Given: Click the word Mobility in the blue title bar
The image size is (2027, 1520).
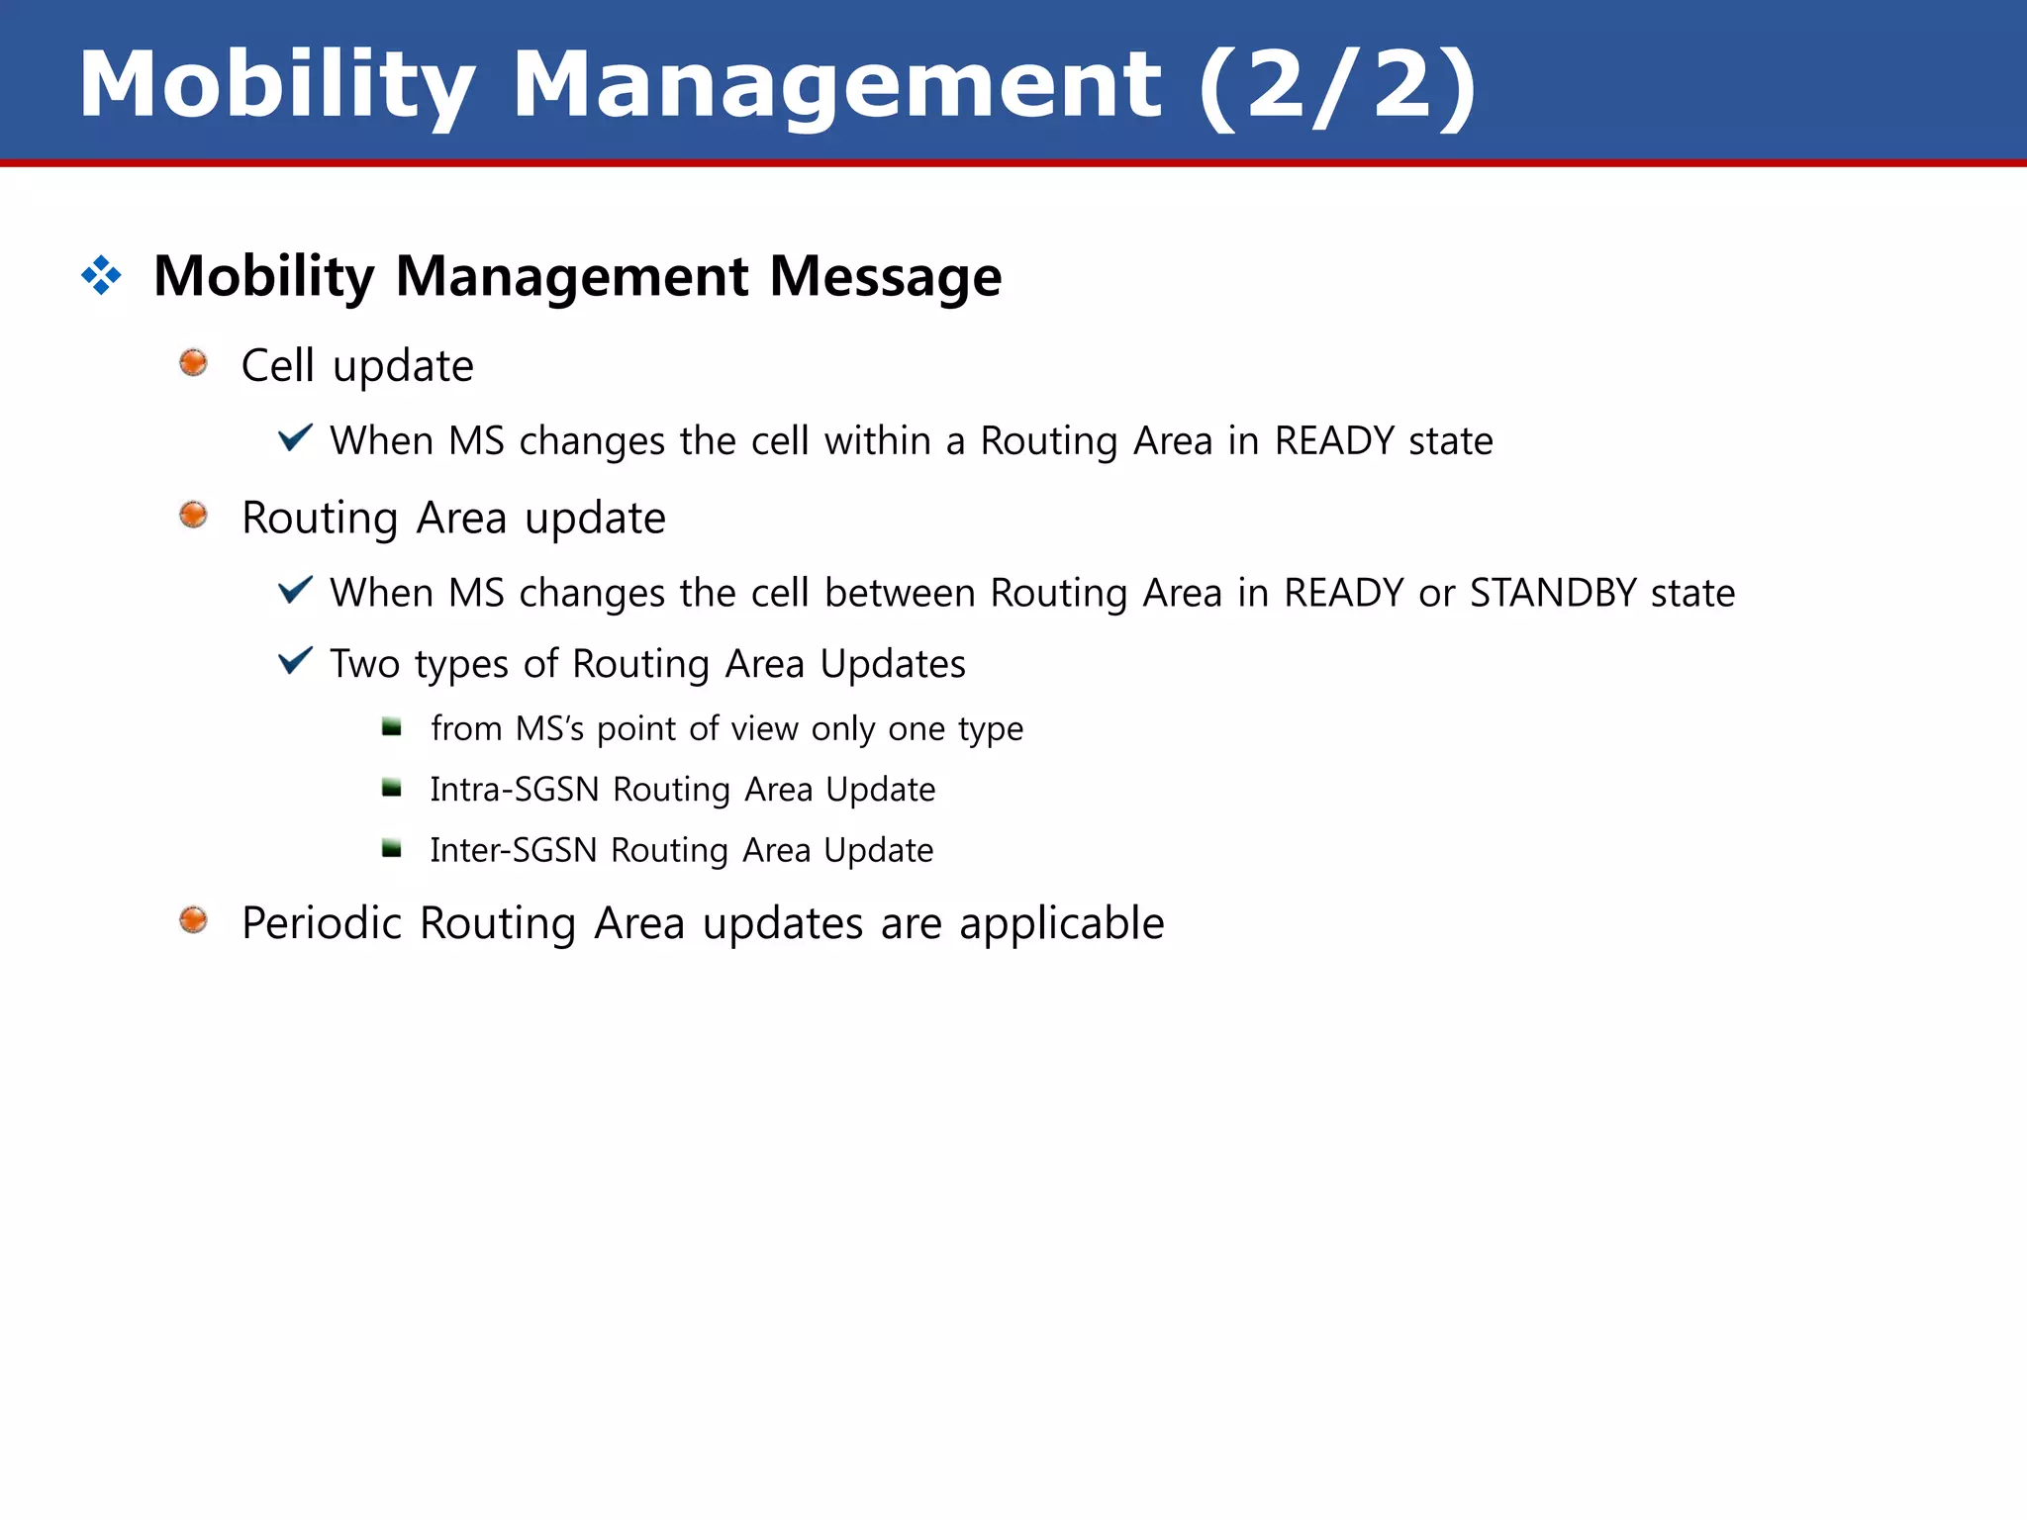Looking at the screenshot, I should pyautogui.click(x=277, y=85).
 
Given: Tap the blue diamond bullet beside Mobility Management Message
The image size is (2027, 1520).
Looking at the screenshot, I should pyautogui.click(x=101, y=275).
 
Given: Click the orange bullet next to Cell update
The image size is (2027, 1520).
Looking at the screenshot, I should pyautogui.click(x=193, y=363).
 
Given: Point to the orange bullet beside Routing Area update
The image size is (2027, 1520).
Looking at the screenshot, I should pyautogui.click(x=193, y=515).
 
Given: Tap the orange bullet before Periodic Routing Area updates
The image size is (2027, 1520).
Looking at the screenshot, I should pyautogui.click(x=193, y=920).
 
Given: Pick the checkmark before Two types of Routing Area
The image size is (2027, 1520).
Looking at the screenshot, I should pyautogui.click(x=295, y=660).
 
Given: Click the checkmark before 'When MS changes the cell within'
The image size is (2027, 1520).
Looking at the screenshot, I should pyautogui.click(x=295, y=436).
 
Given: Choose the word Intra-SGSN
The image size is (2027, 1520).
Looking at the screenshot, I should pyautogui.click(x=515, y=790).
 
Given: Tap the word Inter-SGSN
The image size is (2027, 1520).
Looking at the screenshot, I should pyautogui.click(x=514, y=850).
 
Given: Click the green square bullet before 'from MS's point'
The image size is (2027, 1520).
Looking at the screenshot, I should pyautogui.click(x=392, y=728).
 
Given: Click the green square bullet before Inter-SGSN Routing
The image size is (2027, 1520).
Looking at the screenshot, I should pyautogui.click(x=392, y=849).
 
